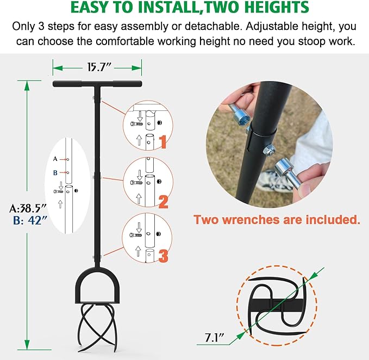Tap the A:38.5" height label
[28, 208]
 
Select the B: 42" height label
[30, 221]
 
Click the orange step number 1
[163, 142]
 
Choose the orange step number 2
[164, 202]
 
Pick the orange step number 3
[164, 256]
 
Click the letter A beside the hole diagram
[55, 159]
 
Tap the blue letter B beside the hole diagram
[55, 173]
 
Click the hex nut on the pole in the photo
[268, 150]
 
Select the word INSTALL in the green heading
[168, 7]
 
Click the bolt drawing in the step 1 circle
[136, 123]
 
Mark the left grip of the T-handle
[67, 84]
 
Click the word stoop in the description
[312, 41]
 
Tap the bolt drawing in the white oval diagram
[59, 191]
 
